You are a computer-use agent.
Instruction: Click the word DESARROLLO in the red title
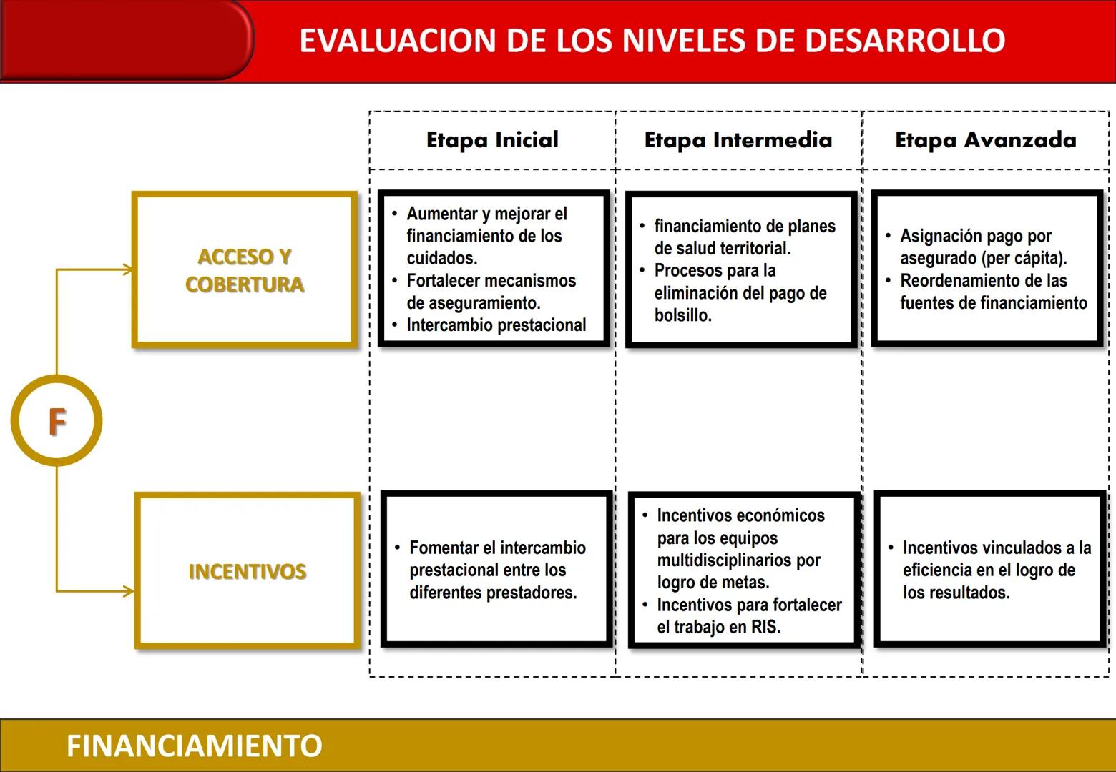tap(905, 41)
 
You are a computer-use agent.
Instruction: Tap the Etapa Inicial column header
tap(492, 140)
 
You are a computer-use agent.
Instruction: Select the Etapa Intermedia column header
tap(738, 140)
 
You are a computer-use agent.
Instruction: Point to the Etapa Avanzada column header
tap(985, 140)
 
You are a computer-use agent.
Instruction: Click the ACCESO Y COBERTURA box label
tap(245, 270)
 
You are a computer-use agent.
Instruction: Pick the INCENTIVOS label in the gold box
tap(248, 572)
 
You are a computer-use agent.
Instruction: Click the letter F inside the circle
tap(57, 422)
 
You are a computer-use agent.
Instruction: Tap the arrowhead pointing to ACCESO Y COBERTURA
tap(127, 269)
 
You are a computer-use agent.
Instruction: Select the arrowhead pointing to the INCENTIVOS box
tap(128, 591)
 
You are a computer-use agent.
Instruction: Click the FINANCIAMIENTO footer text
tap(194, 746)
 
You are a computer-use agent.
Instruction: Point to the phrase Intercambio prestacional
tap(496, 325)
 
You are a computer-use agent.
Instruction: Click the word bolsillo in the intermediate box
tap(682, 315)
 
